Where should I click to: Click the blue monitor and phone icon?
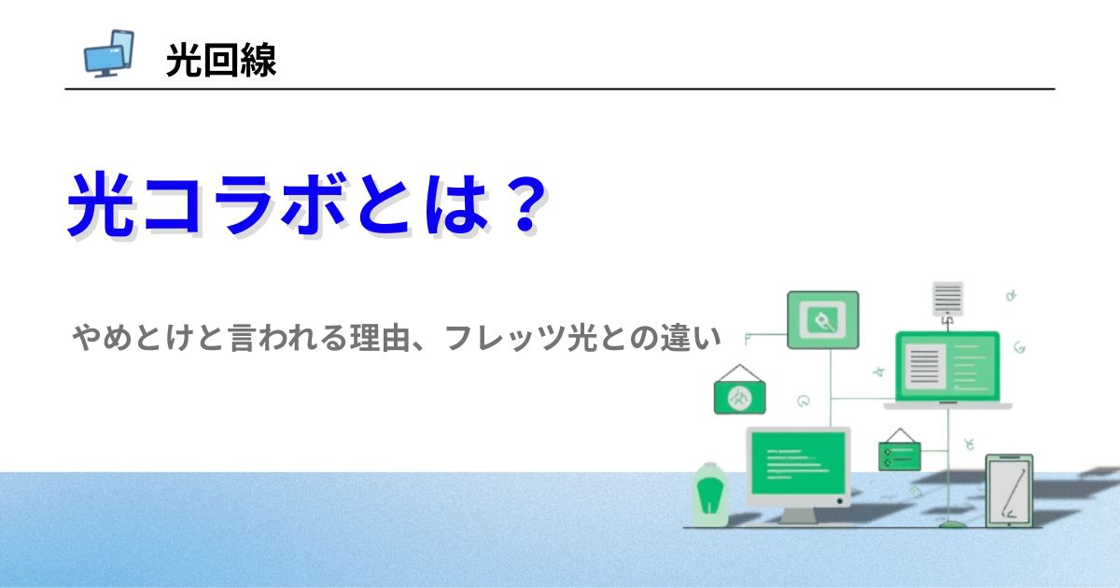tap(108, 53)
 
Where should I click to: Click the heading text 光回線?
tap(221, 60)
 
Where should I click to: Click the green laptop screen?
tap(947, 366)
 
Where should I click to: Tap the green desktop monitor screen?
tap(799, 463)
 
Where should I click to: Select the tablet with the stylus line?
tap(1009, 491)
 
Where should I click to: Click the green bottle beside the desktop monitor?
tap(709, 495)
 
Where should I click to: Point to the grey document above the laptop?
tap(947, 299)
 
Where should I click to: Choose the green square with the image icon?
tap(823, 320)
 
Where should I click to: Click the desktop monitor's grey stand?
tap(798, 515)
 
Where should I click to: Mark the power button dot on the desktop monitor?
tap(840, 501)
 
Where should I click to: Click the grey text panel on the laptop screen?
tap(925, 366)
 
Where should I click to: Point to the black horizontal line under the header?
tap(560, 89)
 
